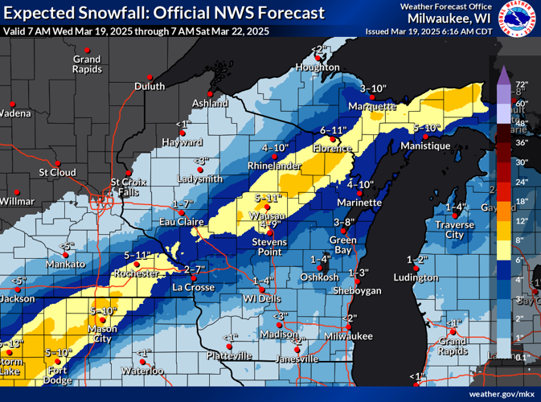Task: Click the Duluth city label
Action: click(x=150, y=87)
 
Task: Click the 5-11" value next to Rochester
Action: click(x=137, y=255)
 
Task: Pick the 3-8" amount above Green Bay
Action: click(x=344, y=222)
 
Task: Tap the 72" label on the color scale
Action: click(x=521, y=84)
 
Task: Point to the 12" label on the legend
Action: click(x=521, y=220)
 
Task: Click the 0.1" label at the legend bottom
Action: click(x=521, y=356)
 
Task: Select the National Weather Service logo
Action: click(x=518, y=18)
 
